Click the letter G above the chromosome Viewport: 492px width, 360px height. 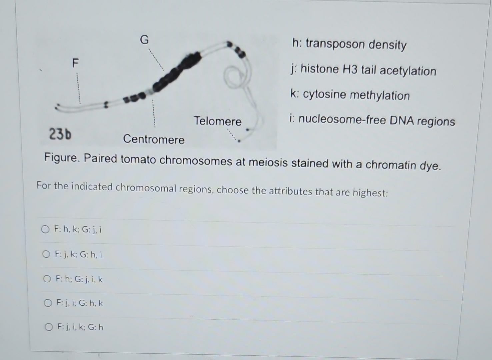click(x=144, y=40)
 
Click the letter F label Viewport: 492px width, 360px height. click(x=76, y=62)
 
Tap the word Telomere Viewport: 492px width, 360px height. click(x=217, y=121)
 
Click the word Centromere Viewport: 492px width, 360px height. click(x=153, y=139)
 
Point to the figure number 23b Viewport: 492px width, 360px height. click(x=60, y=134)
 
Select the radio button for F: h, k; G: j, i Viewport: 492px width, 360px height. click(x=45, y=229)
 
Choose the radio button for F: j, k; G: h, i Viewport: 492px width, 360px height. click(x=46, y=254)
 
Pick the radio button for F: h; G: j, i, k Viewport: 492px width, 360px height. click(x=47, y=279)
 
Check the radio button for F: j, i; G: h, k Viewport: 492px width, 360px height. click(x=48, y=303)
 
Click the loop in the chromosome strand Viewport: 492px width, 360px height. click(x=234, y=76)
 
